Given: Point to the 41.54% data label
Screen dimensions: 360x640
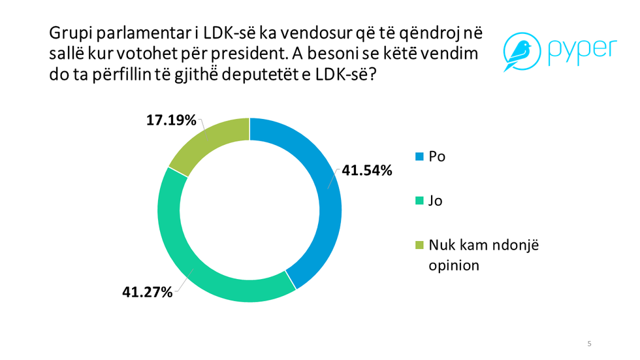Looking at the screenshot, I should point(365,171).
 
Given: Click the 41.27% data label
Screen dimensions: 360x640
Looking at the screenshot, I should point(148,292).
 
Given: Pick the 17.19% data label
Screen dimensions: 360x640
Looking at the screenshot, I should point(171,120).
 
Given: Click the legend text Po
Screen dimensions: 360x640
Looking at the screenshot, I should point(437,157).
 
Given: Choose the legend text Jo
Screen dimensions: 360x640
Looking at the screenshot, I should point(436,201).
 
